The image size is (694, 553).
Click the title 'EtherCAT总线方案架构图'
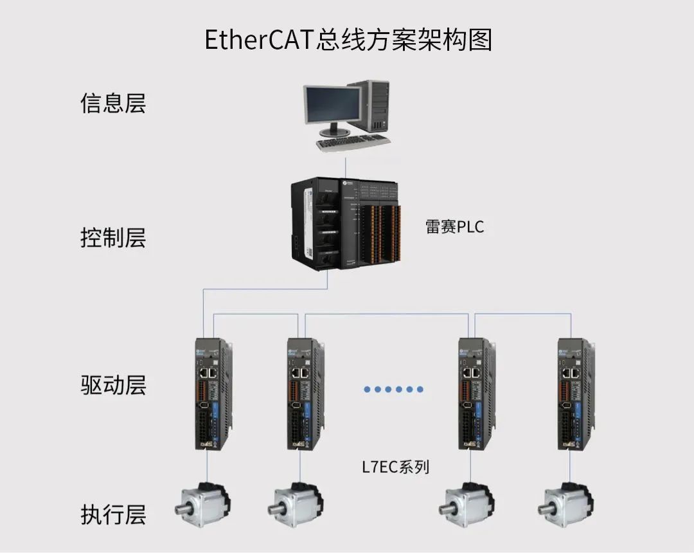[x=348, y=39]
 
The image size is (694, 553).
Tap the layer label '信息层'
[x=113, y=104]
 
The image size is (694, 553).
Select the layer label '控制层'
[x=113, y=238]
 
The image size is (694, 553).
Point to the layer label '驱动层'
[x=113, y=385]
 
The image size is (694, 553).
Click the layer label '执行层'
[x=113, y=515]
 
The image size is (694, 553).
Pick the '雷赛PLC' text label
[x=454, y=227]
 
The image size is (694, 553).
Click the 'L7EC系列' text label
[x=395, y=466]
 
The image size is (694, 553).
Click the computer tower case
[x=377, y=105]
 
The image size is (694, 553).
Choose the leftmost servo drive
[x=212, y=394]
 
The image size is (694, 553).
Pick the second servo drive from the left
[x=303, y=394]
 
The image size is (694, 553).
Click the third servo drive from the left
[x=476, y=394]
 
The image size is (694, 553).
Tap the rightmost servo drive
[x=574, y=394]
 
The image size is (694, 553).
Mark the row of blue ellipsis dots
[x=393, y=389]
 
